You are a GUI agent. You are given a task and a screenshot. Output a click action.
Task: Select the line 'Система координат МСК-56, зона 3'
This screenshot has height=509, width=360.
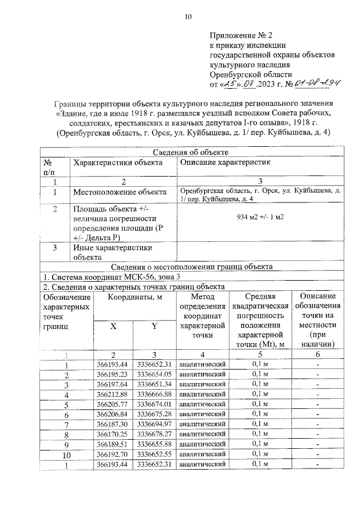[x=112, y=277]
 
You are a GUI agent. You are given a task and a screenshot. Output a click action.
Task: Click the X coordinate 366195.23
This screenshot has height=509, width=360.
[x=112, y=375]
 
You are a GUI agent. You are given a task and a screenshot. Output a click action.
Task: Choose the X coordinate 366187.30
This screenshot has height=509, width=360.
[x=112, y=424]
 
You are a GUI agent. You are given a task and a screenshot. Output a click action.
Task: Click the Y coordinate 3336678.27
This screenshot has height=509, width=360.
[x=153, y=434]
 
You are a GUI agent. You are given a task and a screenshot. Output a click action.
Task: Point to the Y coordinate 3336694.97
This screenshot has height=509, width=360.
[x=153, y=424]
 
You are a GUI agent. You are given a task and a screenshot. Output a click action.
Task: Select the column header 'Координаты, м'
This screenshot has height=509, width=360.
[x=132, y=298]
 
